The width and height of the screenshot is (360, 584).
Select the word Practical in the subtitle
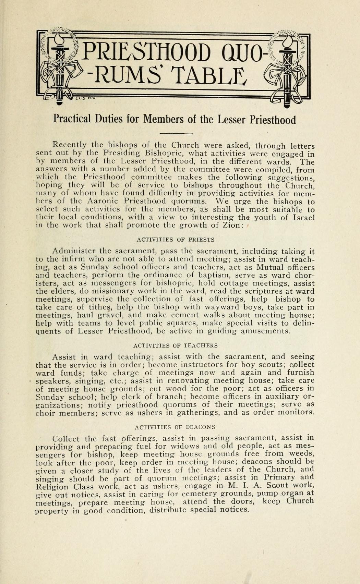coord(72,119)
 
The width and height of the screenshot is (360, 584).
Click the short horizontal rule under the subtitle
coord(176,133)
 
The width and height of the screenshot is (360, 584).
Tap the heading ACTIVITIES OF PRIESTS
coord(176,240)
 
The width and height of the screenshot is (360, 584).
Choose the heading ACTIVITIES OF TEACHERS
coord(175,345)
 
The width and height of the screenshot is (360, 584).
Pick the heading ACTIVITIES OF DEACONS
coord(175,427)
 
